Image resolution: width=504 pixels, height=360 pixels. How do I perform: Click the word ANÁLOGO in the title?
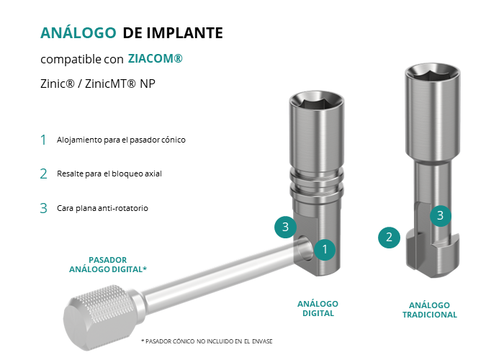[78, 32]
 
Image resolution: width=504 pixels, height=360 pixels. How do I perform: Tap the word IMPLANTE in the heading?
[185, 33]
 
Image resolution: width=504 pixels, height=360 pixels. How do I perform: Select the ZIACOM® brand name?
[156, 58]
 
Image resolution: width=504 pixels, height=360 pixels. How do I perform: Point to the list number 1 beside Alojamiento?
[43, 140]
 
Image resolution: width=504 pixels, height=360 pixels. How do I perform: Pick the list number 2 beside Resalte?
[43, 174]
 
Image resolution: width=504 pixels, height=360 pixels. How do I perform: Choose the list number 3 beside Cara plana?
[43, 208]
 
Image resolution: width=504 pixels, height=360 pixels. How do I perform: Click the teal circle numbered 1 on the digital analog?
[325, 249]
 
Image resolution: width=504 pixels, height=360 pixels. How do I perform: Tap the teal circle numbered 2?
[389, 238]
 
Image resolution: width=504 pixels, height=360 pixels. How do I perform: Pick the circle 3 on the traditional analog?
[441, 216]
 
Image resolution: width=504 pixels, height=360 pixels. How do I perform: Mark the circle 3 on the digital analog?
[285, 228]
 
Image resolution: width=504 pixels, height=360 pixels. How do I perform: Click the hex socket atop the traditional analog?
[432, 73]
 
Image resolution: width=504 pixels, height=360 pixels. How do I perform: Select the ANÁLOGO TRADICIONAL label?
[429, 310]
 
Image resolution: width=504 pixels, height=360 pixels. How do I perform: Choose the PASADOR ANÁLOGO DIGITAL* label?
[108, 264]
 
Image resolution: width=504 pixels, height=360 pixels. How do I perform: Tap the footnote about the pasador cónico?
[207, 341]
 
